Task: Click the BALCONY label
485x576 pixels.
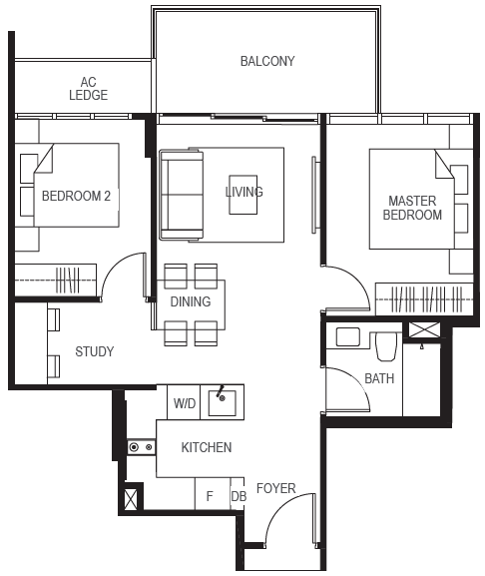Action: point(267,61)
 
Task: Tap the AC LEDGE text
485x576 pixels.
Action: point(89,89)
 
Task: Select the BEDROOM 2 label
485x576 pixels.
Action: point(76,196)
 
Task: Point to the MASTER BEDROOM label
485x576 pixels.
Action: point(412,208)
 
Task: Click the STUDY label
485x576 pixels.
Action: point(95,351)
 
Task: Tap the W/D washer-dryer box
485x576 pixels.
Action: point(184,402)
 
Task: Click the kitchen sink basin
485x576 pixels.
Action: point(223,403)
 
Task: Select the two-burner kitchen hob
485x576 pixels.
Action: point(142,447)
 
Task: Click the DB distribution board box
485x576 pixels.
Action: point(238,494)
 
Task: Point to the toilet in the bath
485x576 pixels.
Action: point(386,346)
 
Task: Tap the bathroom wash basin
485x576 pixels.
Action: point(347,336)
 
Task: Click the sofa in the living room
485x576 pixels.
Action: point(182,195)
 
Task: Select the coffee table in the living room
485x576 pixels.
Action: point(243,195)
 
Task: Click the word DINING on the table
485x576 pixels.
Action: point(191,301)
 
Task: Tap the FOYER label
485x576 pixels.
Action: point(276,488)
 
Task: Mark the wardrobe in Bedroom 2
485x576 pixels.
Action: point(56,280)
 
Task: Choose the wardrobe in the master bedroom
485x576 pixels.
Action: point(424,299)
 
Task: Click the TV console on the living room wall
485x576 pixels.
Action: point(314,195)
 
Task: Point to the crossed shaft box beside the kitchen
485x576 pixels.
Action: point(131,499)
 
